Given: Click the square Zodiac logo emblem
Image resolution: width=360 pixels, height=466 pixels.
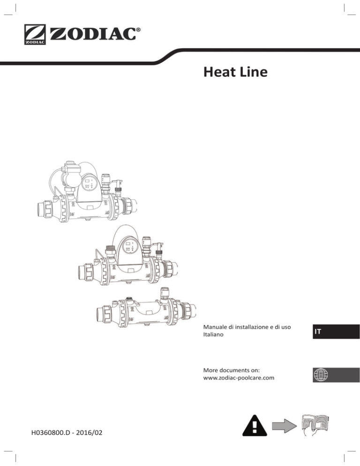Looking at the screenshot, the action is pos(35,35).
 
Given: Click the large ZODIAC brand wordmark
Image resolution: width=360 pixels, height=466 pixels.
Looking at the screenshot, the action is pos(93,34).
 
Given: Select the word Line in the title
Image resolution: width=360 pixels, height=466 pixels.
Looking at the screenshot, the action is pos(254,72).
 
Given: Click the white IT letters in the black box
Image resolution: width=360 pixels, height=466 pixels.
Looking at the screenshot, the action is pos(318,331).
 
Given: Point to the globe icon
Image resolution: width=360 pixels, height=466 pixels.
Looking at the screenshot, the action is pos(321,375).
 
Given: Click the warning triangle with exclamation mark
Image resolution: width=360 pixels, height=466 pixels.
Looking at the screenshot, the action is pos(255,426).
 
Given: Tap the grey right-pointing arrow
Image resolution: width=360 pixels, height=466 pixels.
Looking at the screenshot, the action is pos(284,426).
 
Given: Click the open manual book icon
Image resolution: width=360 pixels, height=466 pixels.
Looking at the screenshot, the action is pos(315,426).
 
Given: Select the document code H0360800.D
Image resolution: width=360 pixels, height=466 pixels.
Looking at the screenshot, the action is pos(51,432).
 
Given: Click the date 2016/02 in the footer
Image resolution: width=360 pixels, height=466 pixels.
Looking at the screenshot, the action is pos(89,432).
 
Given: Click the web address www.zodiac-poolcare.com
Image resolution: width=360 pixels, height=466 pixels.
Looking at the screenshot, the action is pos(239,378).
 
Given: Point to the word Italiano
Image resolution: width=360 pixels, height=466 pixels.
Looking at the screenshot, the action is pos(213,334).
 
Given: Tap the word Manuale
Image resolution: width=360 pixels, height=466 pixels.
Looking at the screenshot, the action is pos(215,327).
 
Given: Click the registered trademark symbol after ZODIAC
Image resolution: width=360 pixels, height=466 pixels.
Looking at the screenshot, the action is pos(138,30).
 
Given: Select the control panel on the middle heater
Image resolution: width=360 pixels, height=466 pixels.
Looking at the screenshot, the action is pos(130,247).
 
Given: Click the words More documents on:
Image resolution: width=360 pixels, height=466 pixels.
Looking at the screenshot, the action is pos(231,370).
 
